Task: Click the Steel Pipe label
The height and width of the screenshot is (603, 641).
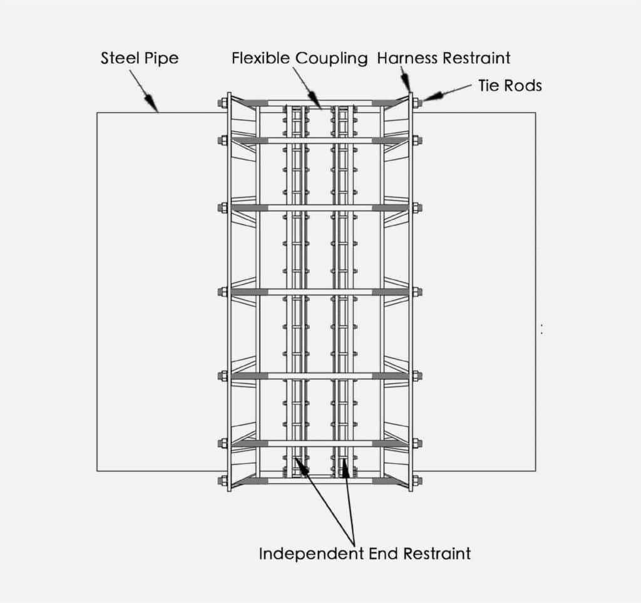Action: [x=140, y=58]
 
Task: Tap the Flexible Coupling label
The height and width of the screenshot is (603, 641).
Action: [x=300, y=58]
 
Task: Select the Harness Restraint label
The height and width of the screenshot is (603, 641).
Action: [x=444, y=58]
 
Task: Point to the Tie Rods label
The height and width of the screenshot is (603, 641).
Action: [x=510, y=85]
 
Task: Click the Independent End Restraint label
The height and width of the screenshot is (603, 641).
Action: [x=365, y=553]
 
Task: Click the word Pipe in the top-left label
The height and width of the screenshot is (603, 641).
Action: [x=162, y=58]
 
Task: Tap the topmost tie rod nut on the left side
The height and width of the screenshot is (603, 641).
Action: [x=223, y=102]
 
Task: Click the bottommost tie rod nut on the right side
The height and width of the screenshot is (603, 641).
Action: [x=418, y=481]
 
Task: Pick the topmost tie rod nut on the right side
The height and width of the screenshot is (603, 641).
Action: [x=418, y=102]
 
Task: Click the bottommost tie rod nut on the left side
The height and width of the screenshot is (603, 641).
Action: [x=223, y=481]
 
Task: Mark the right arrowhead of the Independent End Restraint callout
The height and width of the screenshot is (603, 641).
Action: [x=346, y=468]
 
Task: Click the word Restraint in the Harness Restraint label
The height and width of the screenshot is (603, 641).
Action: [x=476, y=58]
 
